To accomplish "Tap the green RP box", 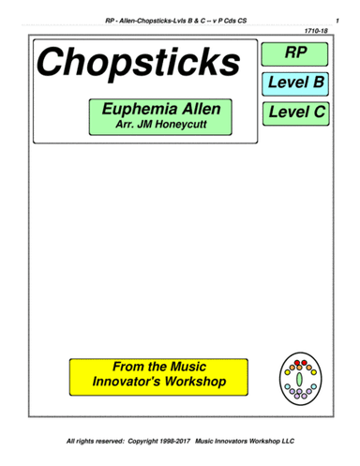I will tap(295, 53).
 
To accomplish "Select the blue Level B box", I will tap(295, 83).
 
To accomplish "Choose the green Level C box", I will tap(295, 114).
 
